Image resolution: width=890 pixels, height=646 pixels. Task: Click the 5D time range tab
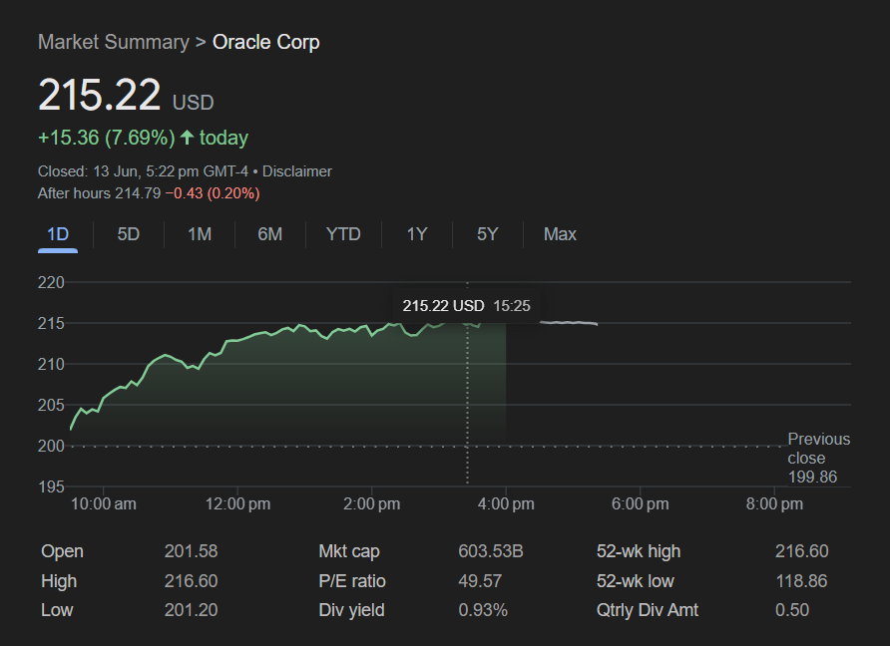click(129, 234)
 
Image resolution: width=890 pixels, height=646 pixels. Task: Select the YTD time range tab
click(343, 234)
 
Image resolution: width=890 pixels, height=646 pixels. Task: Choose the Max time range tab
click(560, 234)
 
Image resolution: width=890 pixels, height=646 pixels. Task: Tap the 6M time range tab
click(270, 234)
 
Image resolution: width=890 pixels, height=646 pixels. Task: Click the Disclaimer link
click(297, 171)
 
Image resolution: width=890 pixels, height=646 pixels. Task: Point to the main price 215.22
click(100, 95)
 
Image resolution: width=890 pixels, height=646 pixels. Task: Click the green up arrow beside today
click(187, 138)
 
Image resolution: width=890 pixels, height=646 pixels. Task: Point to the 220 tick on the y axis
click(51, 283)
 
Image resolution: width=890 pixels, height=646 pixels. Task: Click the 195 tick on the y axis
click(51, 486)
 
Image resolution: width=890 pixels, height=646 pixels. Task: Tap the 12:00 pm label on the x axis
click(237, 504)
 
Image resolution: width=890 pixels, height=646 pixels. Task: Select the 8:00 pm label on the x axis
click(774, 504)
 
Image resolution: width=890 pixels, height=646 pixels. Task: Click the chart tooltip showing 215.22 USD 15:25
click(466, 305)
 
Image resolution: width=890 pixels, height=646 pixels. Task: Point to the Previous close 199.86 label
click(818, 459)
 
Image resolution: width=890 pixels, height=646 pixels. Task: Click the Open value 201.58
click(191, 551)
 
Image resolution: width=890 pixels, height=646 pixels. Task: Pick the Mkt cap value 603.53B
click(491, 551)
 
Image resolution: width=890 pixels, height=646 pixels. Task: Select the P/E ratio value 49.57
click(480, 581)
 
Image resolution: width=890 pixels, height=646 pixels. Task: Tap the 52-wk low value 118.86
click(801, 581)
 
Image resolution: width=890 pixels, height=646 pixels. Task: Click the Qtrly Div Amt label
click(648, 610)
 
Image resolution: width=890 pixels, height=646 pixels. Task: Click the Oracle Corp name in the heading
click(266, 42)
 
